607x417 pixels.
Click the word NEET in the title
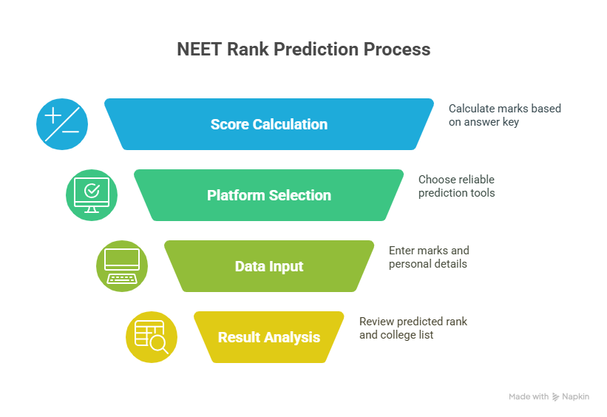199,50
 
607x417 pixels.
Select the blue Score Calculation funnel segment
269,124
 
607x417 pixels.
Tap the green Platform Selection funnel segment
269,195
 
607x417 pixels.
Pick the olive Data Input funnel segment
269,266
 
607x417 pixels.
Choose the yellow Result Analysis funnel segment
269,337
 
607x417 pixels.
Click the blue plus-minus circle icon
62,124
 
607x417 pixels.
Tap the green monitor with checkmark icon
92,195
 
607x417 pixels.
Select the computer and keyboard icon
122,266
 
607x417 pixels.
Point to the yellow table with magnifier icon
152,337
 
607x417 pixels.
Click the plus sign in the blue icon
53,115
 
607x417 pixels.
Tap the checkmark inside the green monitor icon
92,191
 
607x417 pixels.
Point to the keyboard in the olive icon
122,279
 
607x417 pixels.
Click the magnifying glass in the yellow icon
160,345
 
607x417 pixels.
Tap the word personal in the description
407,264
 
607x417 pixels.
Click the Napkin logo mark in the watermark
555,397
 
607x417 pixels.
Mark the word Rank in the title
248,50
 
